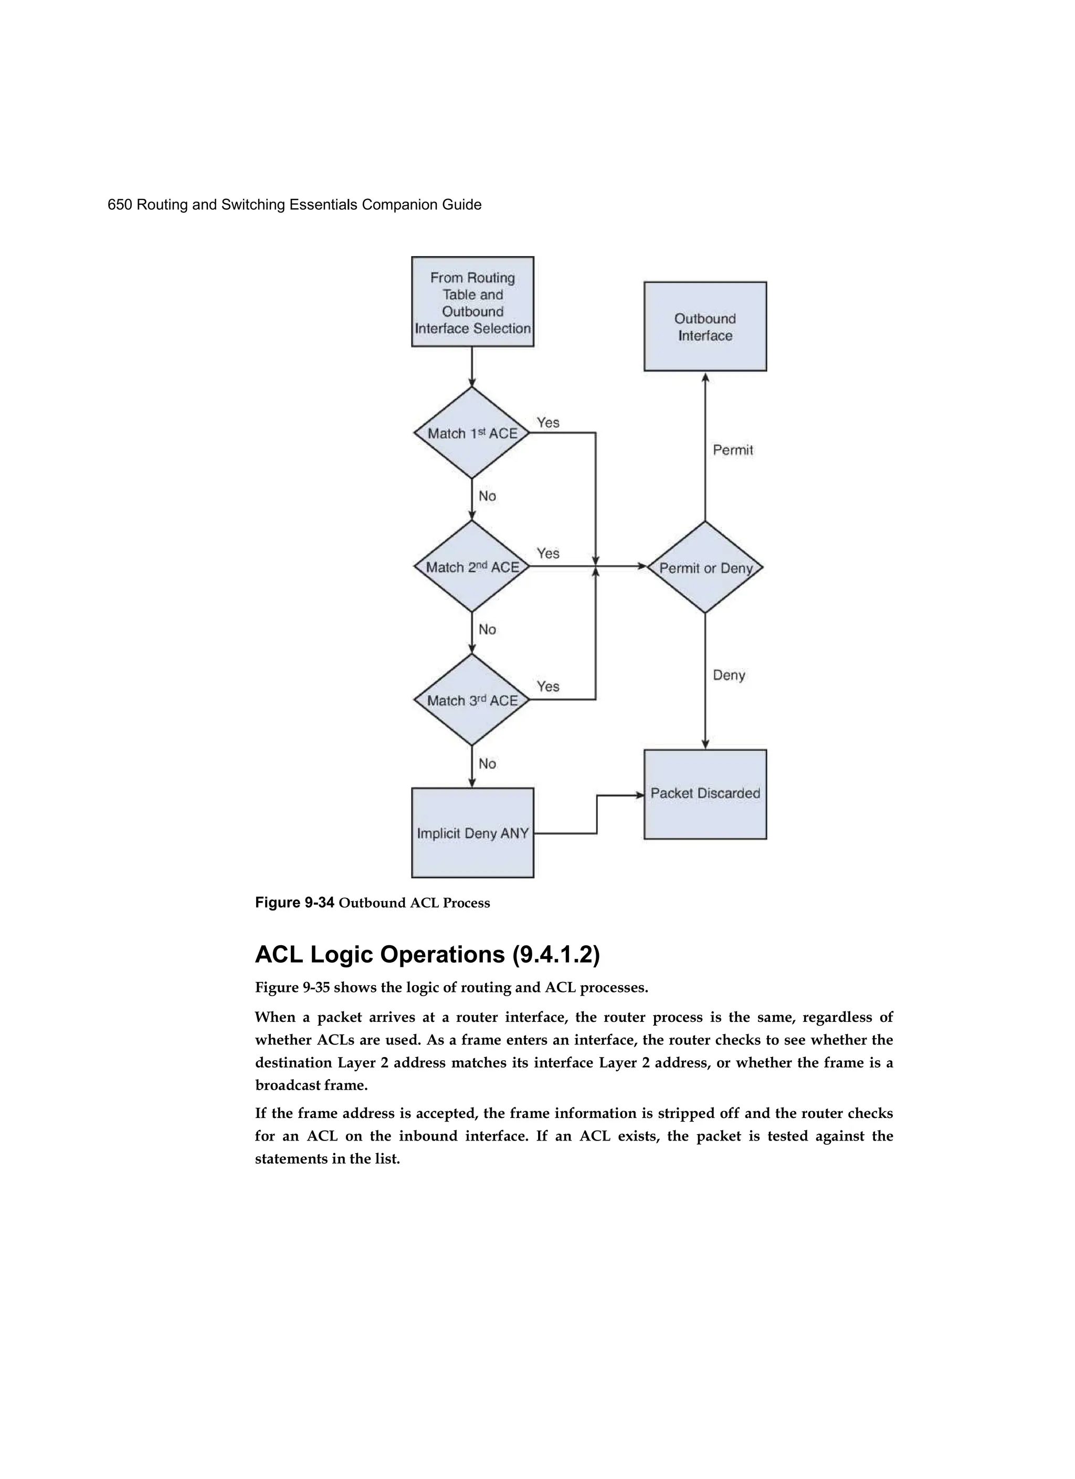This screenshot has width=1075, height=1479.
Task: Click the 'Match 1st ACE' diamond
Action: [471, 433]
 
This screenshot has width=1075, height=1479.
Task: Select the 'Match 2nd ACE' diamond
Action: [471, 567]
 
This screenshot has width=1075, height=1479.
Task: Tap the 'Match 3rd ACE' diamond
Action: [471, 700]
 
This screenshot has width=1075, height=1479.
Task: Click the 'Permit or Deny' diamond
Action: [705, 567]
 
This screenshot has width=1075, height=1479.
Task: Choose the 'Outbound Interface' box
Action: [705, 326]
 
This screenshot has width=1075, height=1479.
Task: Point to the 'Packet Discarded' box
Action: [705, 794]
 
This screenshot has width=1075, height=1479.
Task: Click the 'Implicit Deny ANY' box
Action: [472, 833]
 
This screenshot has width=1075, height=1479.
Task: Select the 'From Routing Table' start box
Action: [472, 302]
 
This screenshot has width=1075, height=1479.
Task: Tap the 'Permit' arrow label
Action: [733, 450]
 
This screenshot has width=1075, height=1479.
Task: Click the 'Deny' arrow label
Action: [729, 675]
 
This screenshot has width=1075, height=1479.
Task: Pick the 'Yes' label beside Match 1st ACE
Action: [548, 422]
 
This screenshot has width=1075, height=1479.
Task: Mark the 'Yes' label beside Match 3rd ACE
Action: [548, 686]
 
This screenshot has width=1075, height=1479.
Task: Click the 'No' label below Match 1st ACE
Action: [487, 496]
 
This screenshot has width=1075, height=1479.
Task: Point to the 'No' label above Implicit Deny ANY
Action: [487, 764]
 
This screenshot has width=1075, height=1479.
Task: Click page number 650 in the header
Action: [120, 205]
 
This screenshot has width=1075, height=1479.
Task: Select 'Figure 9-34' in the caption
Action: [294, 903]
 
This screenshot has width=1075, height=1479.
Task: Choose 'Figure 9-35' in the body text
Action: [292, 987]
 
